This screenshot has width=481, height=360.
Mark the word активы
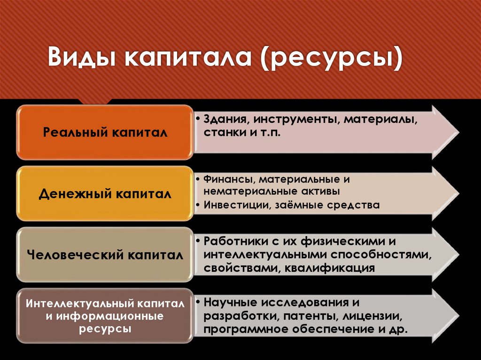point(322,191)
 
